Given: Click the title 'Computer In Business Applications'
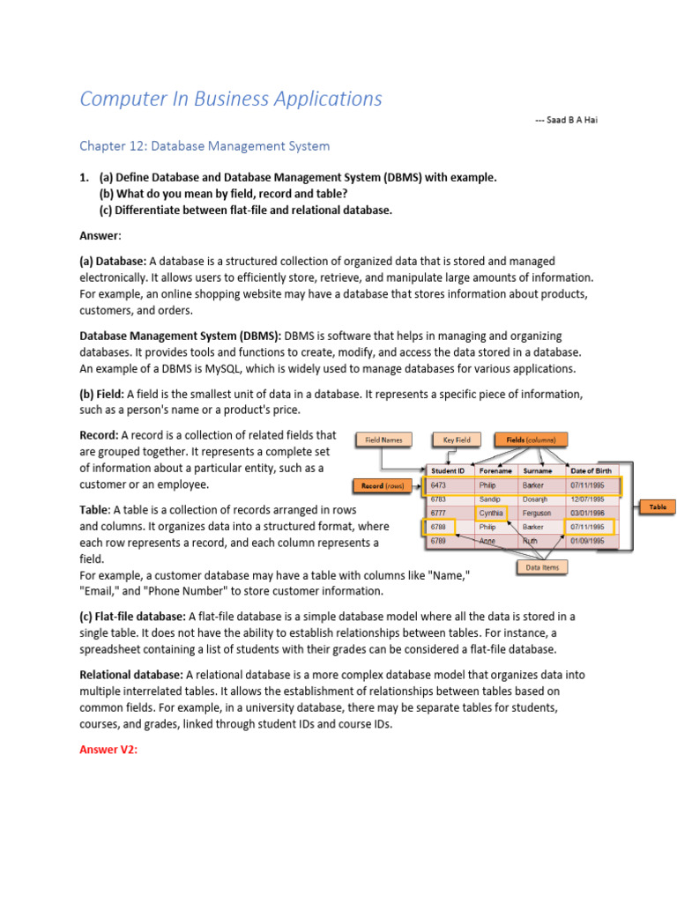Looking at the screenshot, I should click(231, 99).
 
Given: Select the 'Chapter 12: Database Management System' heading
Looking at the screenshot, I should click(205, 145).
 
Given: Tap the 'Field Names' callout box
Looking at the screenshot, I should click(383, 439).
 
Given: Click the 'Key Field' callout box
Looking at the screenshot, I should click(456, 439).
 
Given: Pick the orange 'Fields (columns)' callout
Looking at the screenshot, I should click(532, 439).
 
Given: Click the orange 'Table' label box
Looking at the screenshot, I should click(658, 507).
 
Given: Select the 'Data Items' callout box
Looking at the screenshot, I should click(542, 567).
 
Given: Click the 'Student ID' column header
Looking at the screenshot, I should click(449, 470).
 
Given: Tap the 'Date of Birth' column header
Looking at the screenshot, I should click(591, 470).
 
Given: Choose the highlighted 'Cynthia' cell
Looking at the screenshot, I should click(492, 513).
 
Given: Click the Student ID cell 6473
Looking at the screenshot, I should click(439, 484).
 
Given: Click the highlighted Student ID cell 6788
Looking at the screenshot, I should click(439, 527).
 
